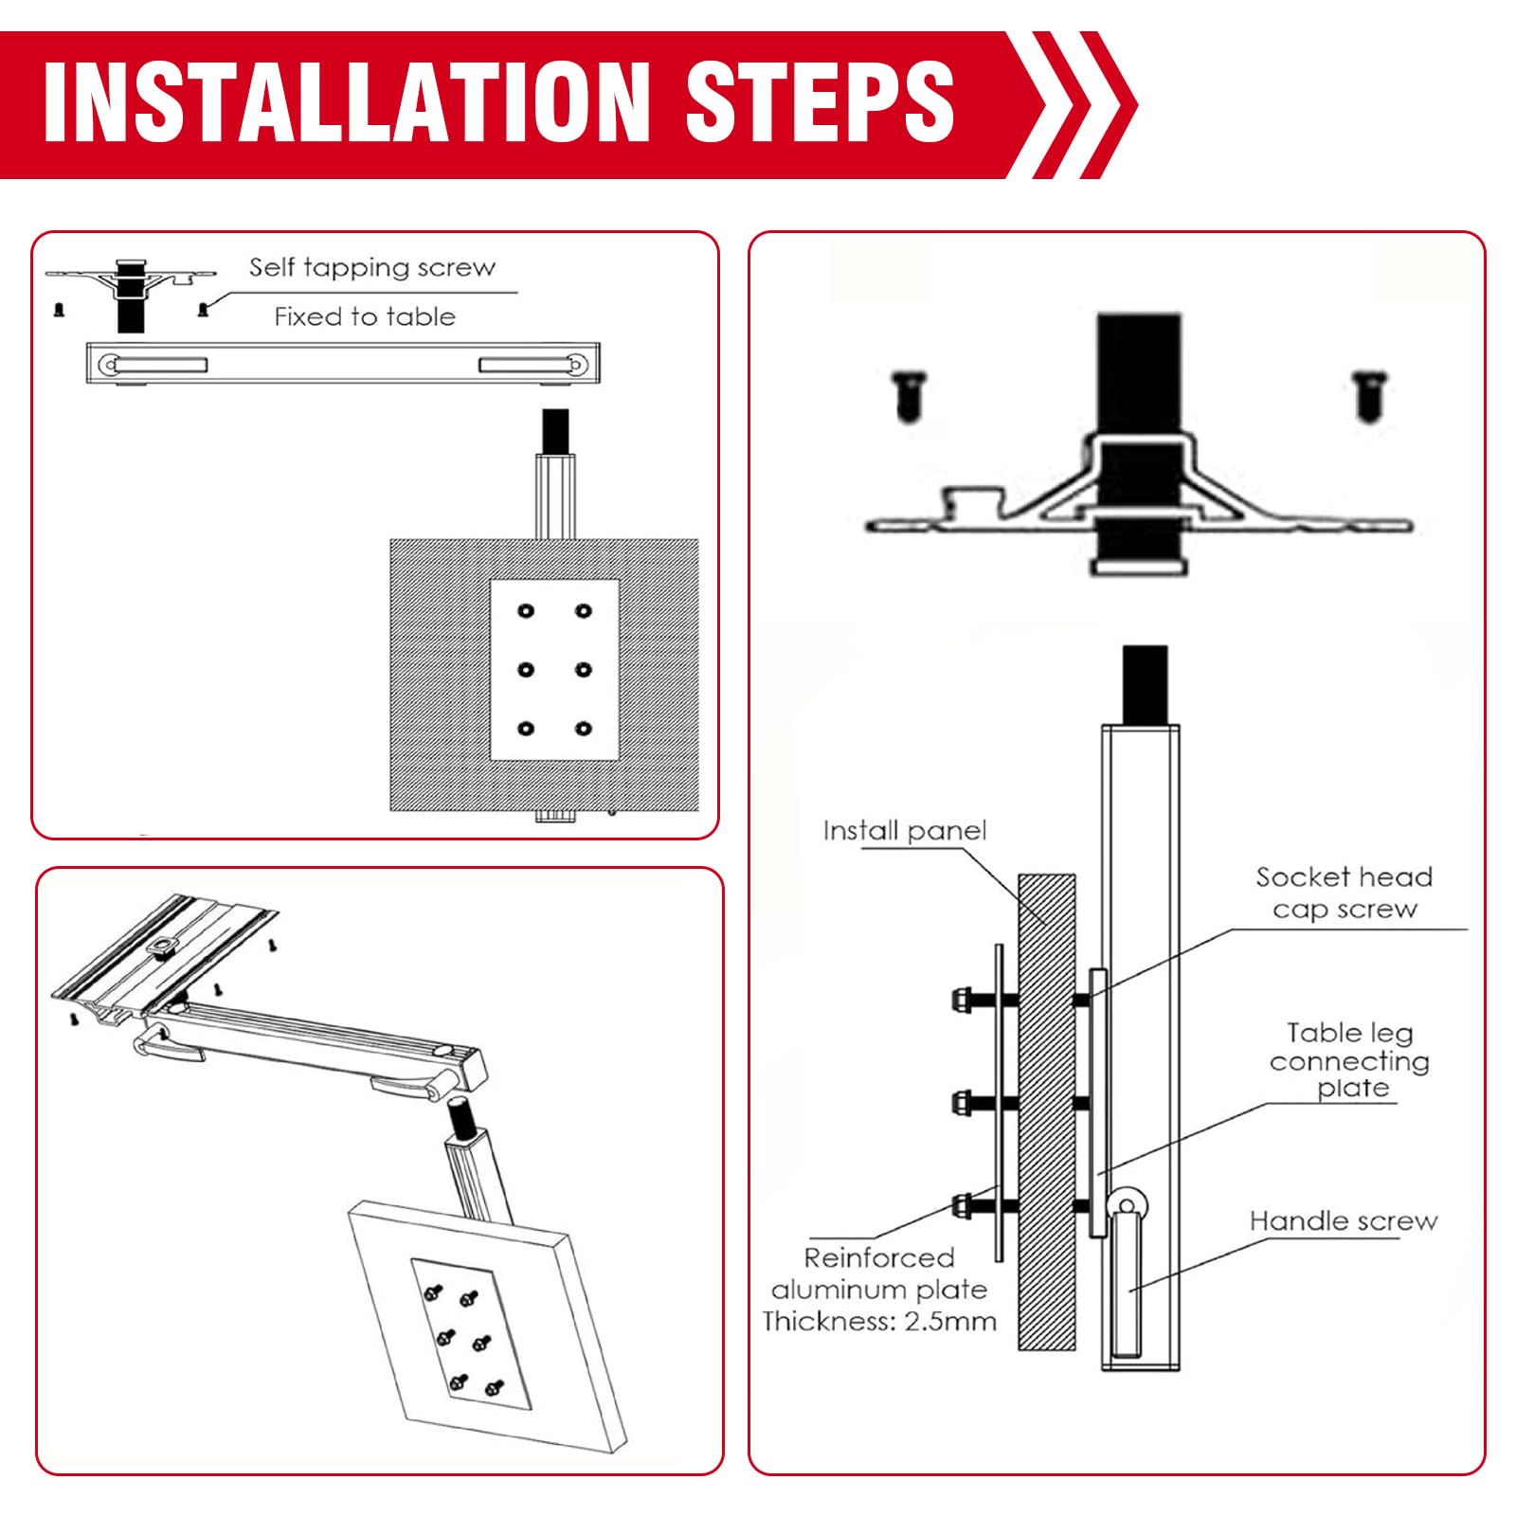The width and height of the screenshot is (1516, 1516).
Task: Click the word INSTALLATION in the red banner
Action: pos(347,102)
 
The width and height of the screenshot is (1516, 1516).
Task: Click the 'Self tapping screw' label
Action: pos(372,268)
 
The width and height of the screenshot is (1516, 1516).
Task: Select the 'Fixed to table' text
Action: pos(365,316)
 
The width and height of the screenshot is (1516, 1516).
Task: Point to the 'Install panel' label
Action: pos(905,831)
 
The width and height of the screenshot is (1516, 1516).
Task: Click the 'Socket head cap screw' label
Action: pos(1345,893)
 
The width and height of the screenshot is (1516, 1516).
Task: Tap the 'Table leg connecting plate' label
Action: pos(1349,1060)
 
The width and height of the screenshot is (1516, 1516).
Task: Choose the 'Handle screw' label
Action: pos(1344,1220)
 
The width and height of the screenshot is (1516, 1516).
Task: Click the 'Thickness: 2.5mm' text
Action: pos(879,1321)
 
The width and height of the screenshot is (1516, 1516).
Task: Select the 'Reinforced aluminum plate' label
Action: pos(879,1273)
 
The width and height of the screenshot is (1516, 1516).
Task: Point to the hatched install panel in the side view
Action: pos(1047,1110)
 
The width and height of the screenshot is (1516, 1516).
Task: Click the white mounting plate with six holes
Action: pos(554,670)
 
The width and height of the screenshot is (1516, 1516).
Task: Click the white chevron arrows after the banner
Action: pos(1081,104)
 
